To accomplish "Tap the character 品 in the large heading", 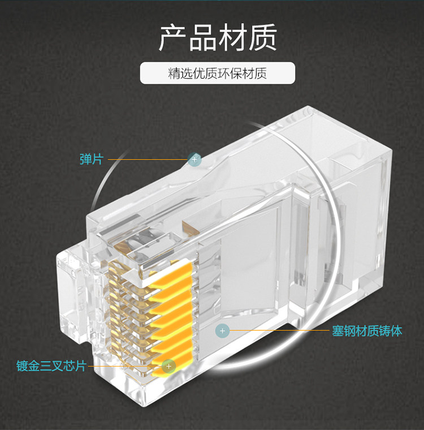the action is pos(202,38).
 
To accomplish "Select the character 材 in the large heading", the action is pos(232,38).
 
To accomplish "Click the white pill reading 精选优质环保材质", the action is pos(218,74).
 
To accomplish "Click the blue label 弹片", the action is pos(91,160).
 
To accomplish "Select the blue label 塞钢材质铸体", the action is pos(367,331).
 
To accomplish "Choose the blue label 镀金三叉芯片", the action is pos(51,366).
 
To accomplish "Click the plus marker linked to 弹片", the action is pos(194,160).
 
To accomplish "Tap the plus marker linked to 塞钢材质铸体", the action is pos(222,330).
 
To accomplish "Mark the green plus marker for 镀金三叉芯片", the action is pos(168,365).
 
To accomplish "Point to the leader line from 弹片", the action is pos(147,160).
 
